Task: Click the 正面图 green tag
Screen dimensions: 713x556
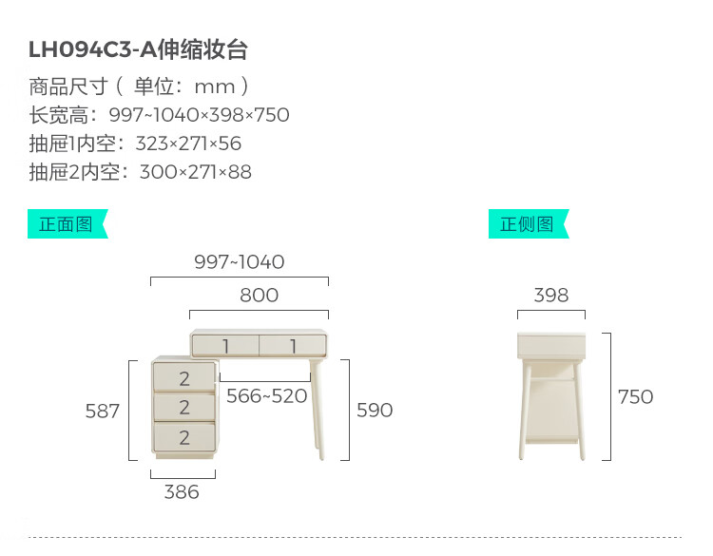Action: click(x=67, y=223)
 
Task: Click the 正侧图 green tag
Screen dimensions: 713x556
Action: click(x=529, y=223)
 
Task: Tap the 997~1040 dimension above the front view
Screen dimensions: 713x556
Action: click(x=240, y=262)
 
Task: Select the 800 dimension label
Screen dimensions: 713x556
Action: click(x=260, y=295)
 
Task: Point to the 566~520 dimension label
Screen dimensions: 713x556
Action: click(x=267, y=396)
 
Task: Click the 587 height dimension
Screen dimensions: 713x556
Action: click(x=103, y=411)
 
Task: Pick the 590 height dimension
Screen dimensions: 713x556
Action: click(x=375, y=410)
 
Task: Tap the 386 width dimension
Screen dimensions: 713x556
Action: click(x=182, y=492)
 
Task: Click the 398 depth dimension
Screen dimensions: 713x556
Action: click(x=551, y=295)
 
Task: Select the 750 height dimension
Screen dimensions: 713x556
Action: click(x=635, y=397)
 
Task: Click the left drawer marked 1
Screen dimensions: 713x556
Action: click(x=225, y=346)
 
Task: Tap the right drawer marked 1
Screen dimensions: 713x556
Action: click(x=293, y=346)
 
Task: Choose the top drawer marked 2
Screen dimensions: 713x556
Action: click(x=184, y=377)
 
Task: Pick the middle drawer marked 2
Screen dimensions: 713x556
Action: click(x=184, y=407)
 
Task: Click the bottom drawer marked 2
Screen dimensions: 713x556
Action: click(x=184, y=437)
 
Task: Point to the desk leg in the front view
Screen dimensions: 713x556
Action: click(x=318, y=409)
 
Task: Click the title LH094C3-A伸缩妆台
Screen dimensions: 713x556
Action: click(x=138, y=49)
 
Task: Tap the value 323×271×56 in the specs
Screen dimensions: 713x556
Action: click(x=188, y=144)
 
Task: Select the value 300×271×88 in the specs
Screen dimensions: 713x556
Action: click(x=196, y=172)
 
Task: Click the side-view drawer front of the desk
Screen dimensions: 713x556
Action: click(x=551, y=346)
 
